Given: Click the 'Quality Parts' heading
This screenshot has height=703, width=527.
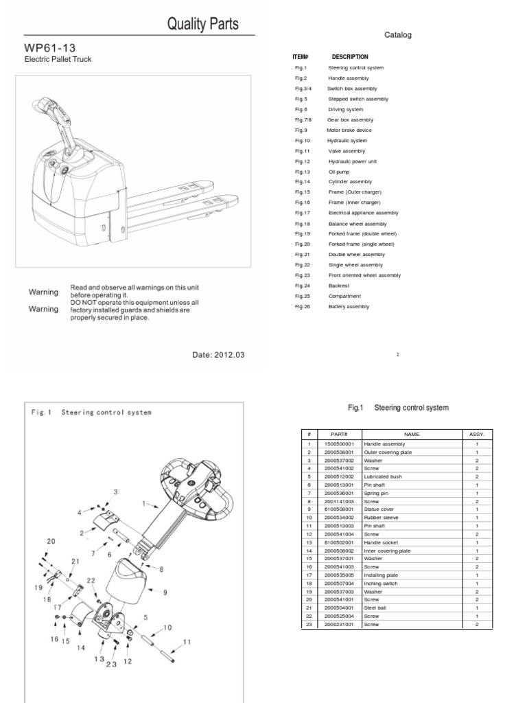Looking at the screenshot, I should tap(204, 25).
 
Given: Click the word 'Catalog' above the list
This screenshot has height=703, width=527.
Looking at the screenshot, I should tap(397, 35).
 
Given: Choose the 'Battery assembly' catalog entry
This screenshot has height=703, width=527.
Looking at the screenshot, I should tap(349, 306).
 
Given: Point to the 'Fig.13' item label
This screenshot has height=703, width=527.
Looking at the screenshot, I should tap(303, 172).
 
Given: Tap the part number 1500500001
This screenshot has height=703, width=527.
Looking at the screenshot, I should tap(340, 444).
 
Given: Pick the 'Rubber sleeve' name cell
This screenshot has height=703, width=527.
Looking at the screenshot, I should tap(379, 517).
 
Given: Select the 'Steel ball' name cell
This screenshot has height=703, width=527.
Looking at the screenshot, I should tap(377, 608).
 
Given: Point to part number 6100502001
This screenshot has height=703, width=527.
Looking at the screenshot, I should tap(340, 542).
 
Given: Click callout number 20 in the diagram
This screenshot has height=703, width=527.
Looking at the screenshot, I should tap(50, 541).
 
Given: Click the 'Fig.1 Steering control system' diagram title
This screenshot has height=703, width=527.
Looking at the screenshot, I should tap(91, 413).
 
